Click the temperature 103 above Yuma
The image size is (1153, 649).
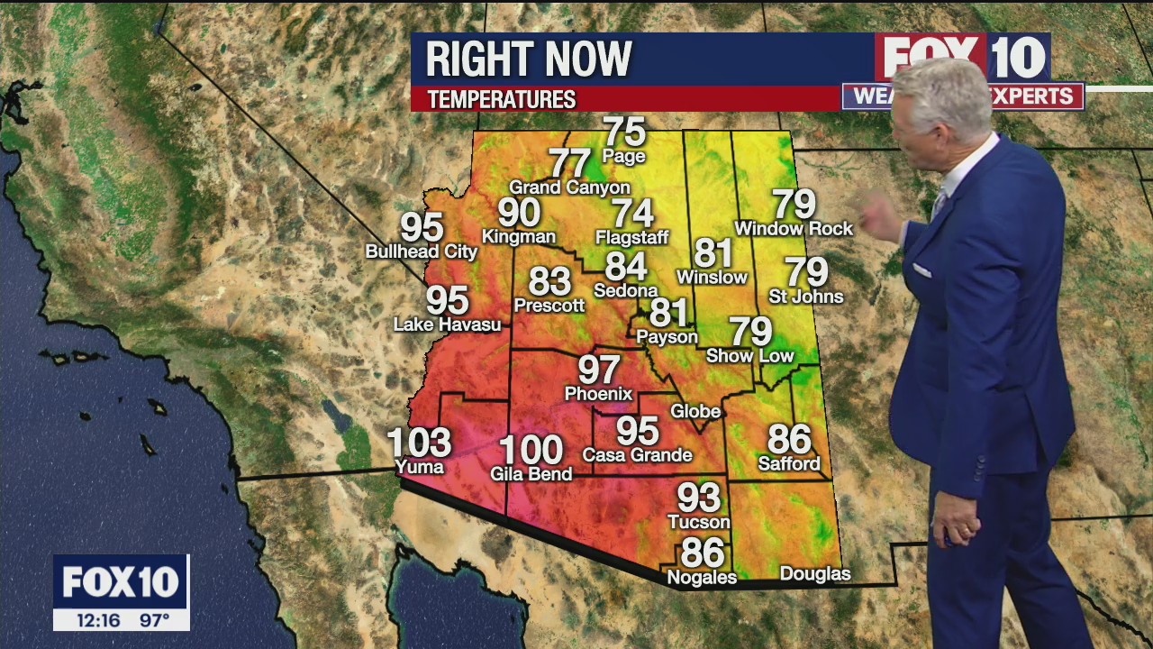(419, 442)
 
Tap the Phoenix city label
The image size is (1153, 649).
(598, 394)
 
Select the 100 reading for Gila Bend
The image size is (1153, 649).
(531, 449)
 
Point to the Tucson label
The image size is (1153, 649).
(698, 522)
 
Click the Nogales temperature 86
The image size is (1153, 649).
(703, 552)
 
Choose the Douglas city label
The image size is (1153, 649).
(814, 574)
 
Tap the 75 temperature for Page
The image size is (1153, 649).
(624, 132)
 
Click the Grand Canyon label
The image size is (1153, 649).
(569, 187)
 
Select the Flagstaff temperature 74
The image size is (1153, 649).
(632, 214)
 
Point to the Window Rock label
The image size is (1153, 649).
(793, 229)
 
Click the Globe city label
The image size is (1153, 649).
(695, 411)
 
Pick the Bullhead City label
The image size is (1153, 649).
(421, 251)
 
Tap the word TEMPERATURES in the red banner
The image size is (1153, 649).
(501, 99)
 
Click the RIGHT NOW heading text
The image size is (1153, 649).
(529, 59)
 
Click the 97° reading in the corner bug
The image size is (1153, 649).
(154, 620)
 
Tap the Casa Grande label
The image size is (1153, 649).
(637, 455)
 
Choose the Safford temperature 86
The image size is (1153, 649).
(789, 439)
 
